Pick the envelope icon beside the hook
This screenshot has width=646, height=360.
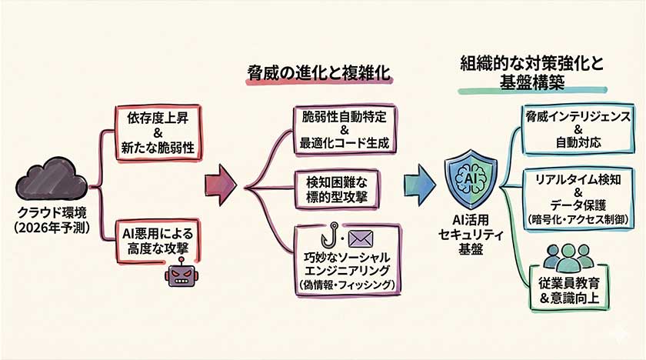358,238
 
